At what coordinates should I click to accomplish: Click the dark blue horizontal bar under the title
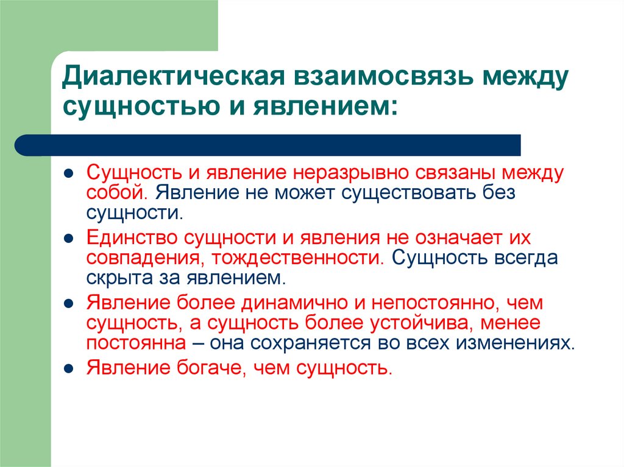[x=268, y=146]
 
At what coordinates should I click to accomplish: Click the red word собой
[x=116, y=193]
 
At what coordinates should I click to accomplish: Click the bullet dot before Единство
[x=70, y=237]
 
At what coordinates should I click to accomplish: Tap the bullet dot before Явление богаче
[x=70, y=368]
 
